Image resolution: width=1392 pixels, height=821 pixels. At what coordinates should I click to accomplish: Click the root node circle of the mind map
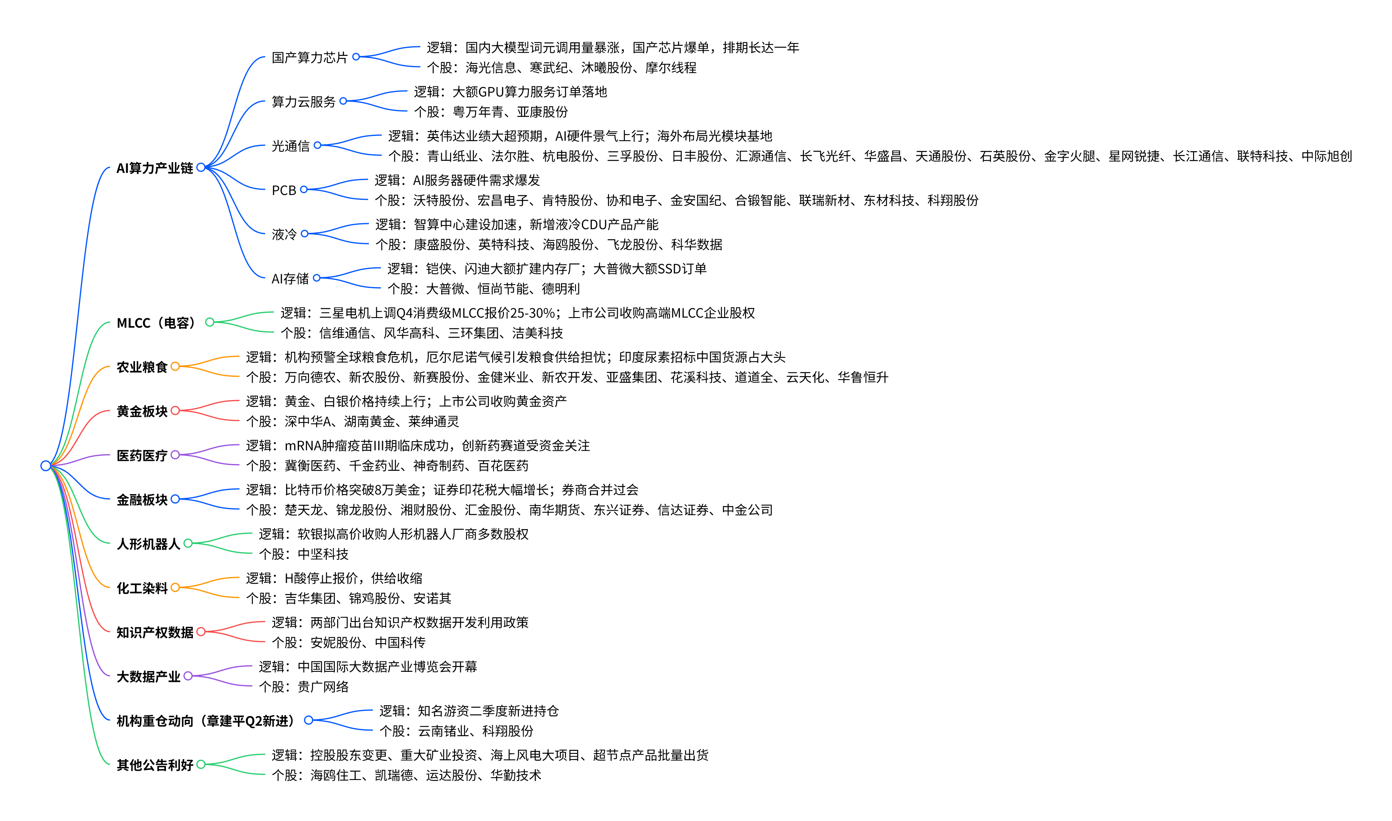click(46, 466)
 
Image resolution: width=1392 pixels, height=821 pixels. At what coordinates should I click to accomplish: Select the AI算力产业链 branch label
click(155, 168)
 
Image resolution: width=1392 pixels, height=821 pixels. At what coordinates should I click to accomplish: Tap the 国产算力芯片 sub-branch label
click(309, 57)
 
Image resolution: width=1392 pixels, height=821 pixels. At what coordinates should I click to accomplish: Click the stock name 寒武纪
click(549, 68)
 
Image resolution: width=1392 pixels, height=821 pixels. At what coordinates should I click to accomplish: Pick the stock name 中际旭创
click(1327, 156)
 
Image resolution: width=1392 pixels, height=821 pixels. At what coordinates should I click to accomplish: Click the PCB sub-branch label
click(284, 190)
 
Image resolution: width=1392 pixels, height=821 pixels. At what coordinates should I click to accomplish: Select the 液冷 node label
click(284, 234)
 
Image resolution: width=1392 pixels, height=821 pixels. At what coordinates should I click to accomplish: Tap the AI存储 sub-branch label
click(290, 279)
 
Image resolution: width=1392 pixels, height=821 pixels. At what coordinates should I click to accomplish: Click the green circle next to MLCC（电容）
click(209, 322)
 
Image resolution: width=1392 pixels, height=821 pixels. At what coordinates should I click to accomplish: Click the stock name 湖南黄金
click(369, 422)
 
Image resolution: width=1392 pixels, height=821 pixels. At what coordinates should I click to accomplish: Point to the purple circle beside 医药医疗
click(175, 455)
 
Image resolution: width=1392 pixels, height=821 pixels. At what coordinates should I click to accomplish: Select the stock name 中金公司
click(747, 510)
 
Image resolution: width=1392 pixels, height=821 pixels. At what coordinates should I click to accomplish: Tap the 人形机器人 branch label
click(149, 544)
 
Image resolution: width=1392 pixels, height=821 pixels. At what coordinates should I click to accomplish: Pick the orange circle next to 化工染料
click(175, 587)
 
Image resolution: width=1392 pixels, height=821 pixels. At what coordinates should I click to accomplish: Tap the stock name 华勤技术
click(516, 776)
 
